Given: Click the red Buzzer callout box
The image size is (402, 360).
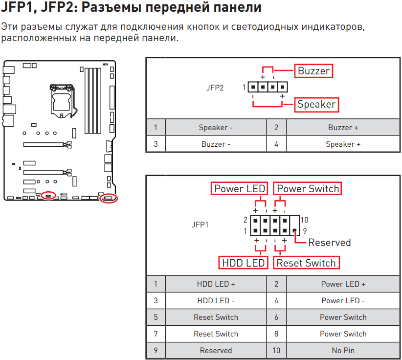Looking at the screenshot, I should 314,71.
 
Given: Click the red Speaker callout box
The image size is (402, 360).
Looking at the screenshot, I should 316,104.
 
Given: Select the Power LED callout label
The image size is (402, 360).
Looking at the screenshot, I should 240,189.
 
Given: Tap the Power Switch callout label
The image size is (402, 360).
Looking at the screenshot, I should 308,189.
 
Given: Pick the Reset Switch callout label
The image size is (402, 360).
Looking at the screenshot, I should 306,263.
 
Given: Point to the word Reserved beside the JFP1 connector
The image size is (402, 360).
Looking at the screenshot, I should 329,243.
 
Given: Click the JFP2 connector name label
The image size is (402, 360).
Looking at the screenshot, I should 215,88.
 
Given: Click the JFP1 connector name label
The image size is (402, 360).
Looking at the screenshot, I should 200,225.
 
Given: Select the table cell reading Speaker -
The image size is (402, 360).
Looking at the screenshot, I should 216,128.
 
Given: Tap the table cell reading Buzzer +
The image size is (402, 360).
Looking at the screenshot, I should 343,128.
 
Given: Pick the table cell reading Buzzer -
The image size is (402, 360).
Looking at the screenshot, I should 216,144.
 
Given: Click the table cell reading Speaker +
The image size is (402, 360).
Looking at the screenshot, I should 343,144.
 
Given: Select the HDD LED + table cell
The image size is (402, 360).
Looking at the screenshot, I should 216,284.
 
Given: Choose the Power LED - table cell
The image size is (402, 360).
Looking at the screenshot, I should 343,301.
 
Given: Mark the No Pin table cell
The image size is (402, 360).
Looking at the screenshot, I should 343,351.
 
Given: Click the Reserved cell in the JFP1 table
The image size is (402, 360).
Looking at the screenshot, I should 216,351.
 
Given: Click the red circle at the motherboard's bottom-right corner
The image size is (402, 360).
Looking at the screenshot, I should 108,199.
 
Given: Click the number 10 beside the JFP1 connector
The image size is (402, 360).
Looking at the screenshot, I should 304,220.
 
